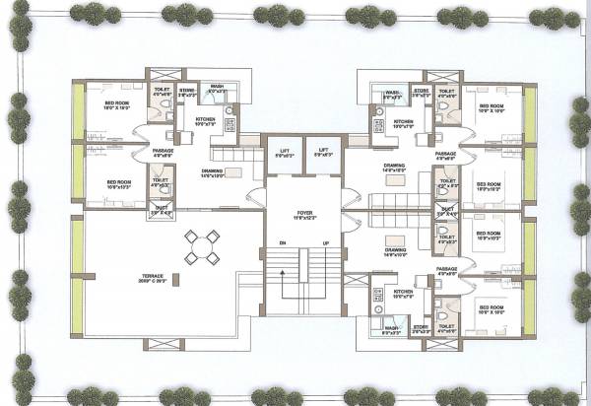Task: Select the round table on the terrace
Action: (x=201, y=246)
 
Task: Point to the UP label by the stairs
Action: (x=324, y=242)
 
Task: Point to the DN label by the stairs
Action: (x=283, y=242)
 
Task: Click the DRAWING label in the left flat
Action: (x=212, y=170)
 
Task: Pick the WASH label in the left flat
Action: (x=217, y=86)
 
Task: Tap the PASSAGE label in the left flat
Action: (x=164, y=151)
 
